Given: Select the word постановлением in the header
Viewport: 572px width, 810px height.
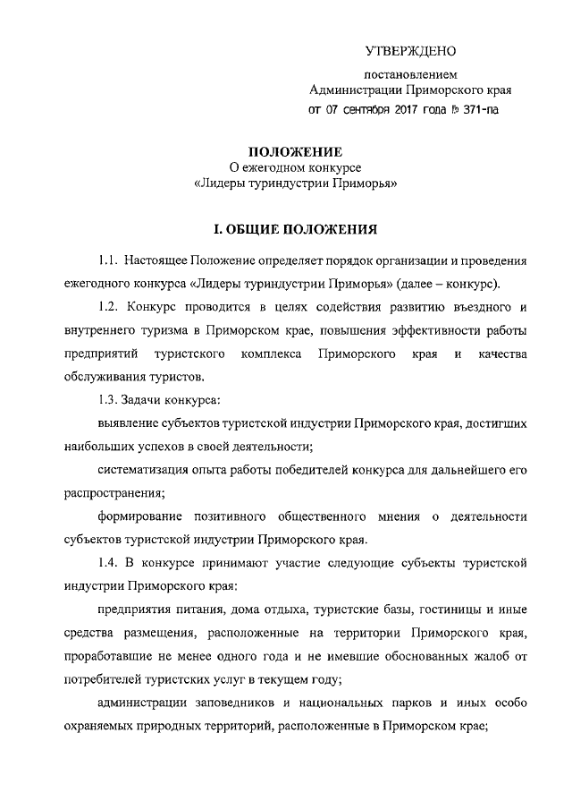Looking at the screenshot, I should (411, 73).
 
